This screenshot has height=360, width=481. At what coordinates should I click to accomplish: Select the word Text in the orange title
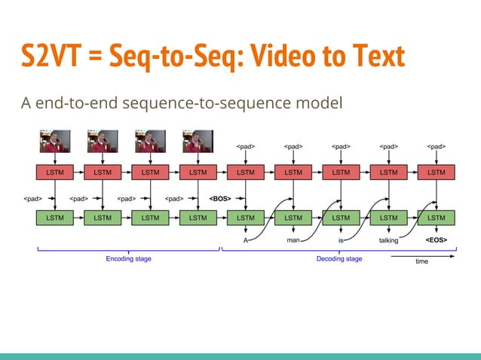point(372,57)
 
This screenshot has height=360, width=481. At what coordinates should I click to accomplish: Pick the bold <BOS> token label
point(220,200)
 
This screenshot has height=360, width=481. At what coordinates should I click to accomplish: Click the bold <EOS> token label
point(436,240)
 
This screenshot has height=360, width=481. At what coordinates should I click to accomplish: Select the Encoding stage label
point(128,259)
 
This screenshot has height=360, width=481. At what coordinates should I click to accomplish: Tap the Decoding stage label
point(339,259)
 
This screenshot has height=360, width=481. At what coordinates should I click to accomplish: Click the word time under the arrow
point(422,262)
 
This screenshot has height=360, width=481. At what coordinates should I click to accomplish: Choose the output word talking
point(388,240)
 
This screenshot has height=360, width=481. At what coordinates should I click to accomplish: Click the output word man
point(293,240)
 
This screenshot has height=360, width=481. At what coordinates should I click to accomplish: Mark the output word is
point(341,240)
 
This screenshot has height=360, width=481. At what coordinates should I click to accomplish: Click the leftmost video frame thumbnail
point(55,142)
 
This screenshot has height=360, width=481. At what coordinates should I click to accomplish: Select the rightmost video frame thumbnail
point(198,142)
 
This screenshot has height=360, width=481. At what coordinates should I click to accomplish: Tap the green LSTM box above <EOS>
point(436,218)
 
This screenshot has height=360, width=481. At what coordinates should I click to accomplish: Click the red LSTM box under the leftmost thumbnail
point(55,172)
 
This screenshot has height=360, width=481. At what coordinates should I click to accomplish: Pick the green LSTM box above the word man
point(293,218)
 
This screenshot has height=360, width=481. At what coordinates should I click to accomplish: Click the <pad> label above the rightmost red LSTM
point(436,147)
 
